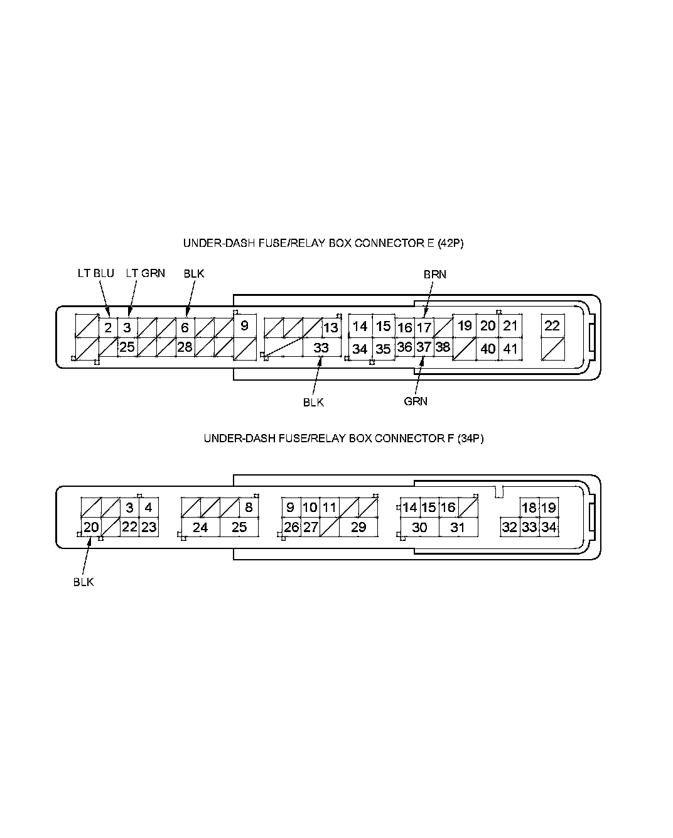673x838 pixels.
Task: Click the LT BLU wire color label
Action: click(x=95, y=273)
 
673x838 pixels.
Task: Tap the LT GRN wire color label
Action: click(x=145, y=273)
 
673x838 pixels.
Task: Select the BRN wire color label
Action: click(x=434, y=275)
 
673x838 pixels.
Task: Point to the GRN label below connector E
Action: click(x=416, y=401)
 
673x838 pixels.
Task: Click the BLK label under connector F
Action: click(x=83, y=582)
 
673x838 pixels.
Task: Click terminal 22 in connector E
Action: click(x=552, y=325)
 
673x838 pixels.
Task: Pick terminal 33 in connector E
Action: click(x=321, y=348)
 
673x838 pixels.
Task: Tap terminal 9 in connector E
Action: click(x=244, y=325)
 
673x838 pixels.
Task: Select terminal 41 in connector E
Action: click(x=510, y=349)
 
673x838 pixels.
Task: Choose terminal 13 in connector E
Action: click(x=330, y=327)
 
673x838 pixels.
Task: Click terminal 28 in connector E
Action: click(x=185, y=347)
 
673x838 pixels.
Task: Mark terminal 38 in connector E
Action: click(x=443, y=347)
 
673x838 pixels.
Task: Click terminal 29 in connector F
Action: click(x=358, y=527)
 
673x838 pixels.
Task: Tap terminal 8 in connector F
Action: click(x=249, y=508)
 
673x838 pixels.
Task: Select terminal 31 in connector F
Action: click(x=458, y=527)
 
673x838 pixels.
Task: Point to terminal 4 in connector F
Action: click(x=148, y=508)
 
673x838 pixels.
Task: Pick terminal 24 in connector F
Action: click(x=200, y=527)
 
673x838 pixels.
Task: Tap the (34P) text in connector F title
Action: click(x=470, y=438)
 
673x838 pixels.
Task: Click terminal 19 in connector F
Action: click(x=548, y=508)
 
